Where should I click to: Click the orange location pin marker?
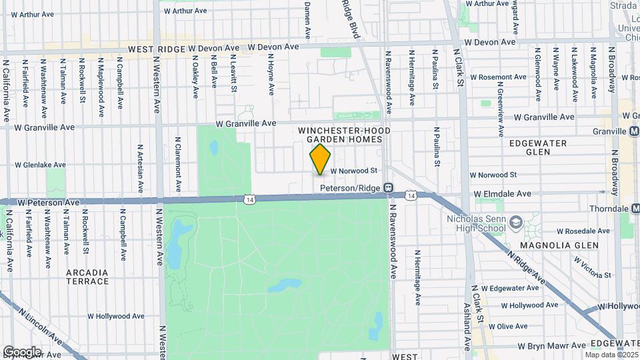click(x=321, y=159)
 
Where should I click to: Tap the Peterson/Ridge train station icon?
click(x=388, y=189)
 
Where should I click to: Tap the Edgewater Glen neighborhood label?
click(x=537, y=147)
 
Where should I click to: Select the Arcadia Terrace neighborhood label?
click(x=87, y=277)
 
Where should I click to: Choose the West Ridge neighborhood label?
click(x=156, y=49)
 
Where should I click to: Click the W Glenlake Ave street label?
click(x=41, y=165)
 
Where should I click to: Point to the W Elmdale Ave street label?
click(x=503, y=194)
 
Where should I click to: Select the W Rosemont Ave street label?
click(x=499, y=77)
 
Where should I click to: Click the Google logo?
click(x=21, y=352)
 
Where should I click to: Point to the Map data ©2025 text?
click(x=611, y=354)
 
